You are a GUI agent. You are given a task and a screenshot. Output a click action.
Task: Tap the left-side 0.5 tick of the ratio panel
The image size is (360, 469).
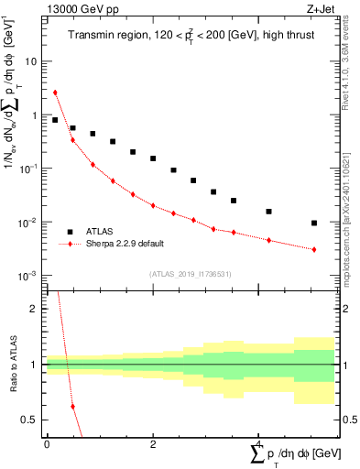point(31,420)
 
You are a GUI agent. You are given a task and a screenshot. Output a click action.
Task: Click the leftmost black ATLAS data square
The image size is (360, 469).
point(55,120)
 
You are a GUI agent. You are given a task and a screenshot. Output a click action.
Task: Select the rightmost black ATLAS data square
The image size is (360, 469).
point(314,223)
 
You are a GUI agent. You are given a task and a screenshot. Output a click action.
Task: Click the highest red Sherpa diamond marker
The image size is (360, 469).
point(55,93)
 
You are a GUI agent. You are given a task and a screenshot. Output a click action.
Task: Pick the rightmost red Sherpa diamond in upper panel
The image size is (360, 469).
point(314,249)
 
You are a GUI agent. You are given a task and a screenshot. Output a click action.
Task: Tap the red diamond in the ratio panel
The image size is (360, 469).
point(72,407)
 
